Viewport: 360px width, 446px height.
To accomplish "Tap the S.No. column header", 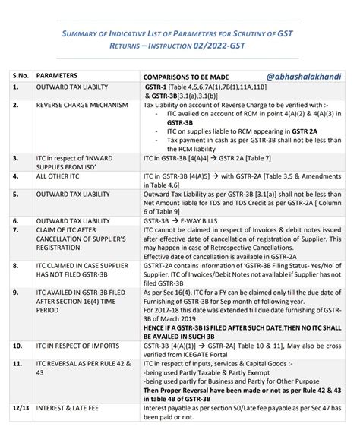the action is (x=20, y=77).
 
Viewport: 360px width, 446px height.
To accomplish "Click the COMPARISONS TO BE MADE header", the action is (x=190, y=78).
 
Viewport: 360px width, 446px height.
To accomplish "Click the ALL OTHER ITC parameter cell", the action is (x=64, y=176).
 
